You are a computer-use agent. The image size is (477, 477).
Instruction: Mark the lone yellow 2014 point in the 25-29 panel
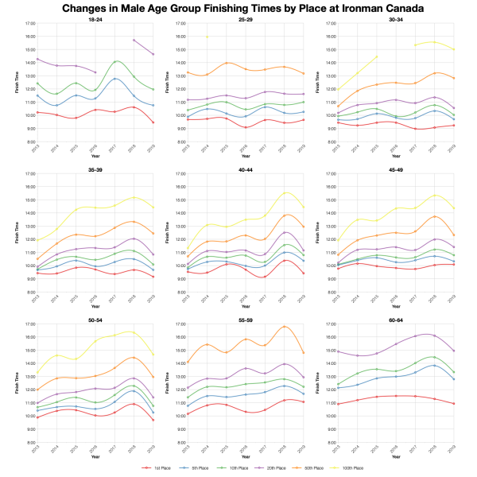pos(207,36)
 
